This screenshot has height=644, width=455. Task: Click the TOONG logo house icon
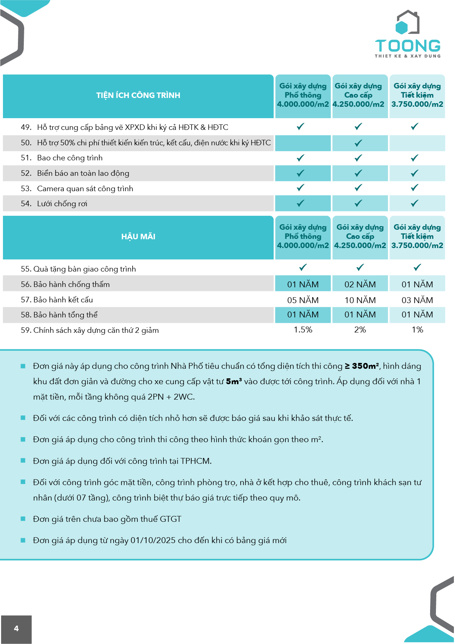tap(407, 23)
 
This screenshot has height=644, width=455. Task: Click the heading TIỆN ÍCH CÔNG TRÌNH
tap(138, 95)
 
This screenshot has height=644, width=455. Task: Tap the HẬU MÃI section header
tap(138, 237)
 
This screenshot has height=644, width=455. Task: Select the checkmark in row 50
tap(358, 143)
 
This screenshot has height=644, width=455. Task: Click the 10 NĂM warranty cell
tap(360, 300)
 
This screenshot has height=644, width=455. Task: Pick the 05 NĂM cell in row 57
tap(303, 300)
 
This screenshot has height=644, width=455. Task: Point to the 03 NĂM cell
tap(417, 300)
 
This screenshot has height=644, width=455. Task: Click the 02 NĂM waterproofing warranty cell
tap(360, 284)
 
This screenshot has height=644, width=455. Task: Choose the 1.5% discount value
tap(303, 330)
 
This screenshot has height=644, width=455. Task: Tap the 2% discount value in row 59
tap(360, 330)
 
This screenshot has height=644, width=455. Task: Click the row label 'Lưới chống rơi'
tap(62, 204)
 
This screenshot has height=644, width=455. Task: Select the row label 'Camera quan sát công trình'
tap(85, 189)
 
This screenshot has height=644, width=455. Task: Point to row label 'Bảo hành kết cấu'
tap(63, 300)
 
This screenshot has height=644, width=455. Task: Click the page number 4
tap(16, 628)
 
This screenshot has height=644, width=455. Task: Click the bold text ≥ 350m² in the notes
tap(362, 366)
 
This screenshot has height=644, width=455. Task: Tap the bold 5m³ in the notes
tap(234, 381)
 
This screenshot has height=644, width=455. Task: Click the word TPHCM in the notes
tap(196, 461)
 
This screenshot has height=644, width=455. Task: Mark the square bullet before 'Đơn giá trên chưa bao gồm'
tap(23, 519)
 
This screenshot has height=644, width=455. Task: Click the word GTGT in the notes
tap(171, 519)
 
